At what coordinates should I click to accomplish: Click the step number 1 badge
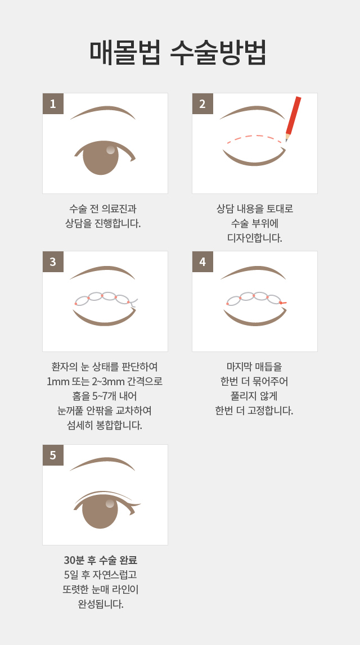coord(53,103)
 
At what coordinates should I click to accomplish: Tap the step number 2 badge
coord(202,103)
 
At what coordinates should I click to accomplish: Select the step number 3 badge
coord(53,261)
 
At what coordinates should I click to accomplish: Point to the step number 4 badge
coord(202,261)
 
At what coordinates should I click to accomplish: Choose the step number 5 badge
coord(53,455)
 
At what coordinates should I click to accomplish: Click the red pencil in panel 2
coord(294,119)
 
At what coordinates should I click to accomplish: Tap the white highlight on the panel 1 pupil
coord(110,150)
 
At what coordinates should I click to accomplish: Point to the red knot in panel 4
coord(282,303)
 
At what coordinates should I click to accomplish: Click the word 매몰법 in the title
coord(125,52)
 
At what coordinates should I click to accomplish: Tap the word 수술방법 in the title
coord(218,52)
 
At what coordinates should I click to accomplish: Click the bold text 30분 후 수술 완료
coord(100,560)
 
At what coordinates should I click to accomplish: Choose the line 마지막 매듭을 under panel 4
coord(254,367)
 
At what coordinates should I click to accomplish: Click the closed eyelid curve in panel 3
coord(105,319)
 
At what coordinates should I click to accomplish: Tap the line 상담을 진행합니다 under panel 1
coord(103,223)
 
